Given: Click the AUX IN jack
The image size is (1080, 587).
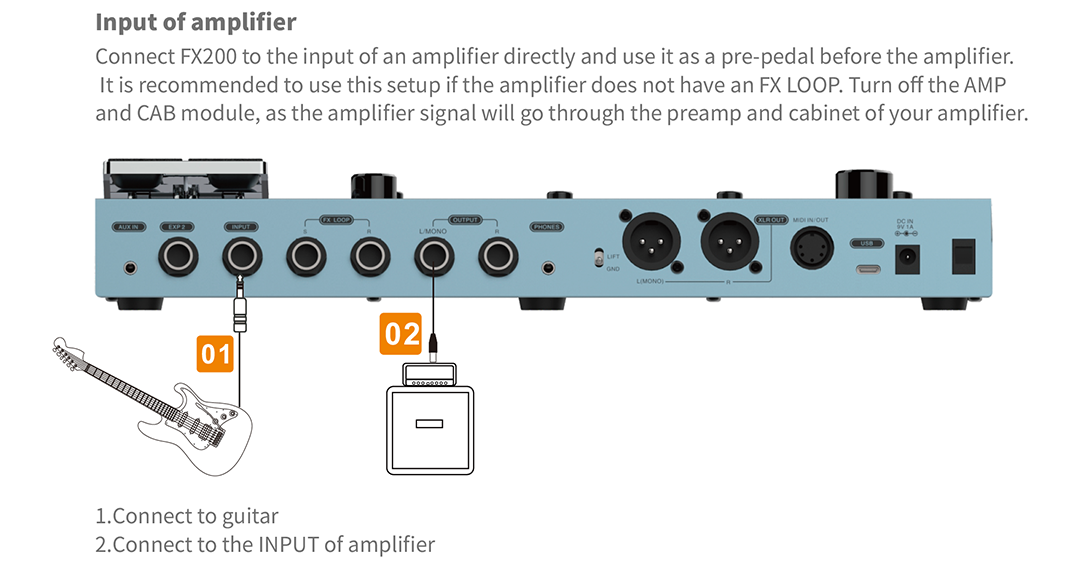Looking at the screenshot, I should point(130,267).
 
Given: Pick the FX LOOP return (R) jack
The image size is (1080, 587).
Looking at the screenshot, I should point(368,259).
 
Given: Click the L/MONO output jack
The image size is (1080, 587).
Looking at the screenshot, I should point(433,259).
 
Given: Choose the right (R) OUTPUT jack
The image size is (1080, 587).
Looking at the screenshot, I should point(497,259).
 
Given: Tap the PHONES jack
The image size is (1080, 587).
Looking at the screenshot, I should point(547,267).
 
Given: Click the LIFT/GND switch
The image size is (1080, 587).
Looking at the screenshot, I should point(598,260).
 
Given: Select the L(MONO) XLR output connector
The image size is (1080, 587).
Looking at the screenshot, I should point(648,243).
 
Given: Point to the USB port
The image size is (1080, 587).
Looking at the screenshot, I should point(866,269).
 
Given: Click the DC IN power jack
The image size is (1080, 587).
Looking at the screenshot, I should point(908,260).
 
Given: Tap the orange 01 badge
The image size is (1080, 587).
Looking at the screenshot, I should point(216,353).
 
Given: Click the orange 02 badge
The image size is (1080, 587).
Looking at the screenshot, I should point(401,333).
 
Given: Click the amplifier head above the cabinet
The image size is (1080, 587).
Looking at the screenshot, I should point(433,374).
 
